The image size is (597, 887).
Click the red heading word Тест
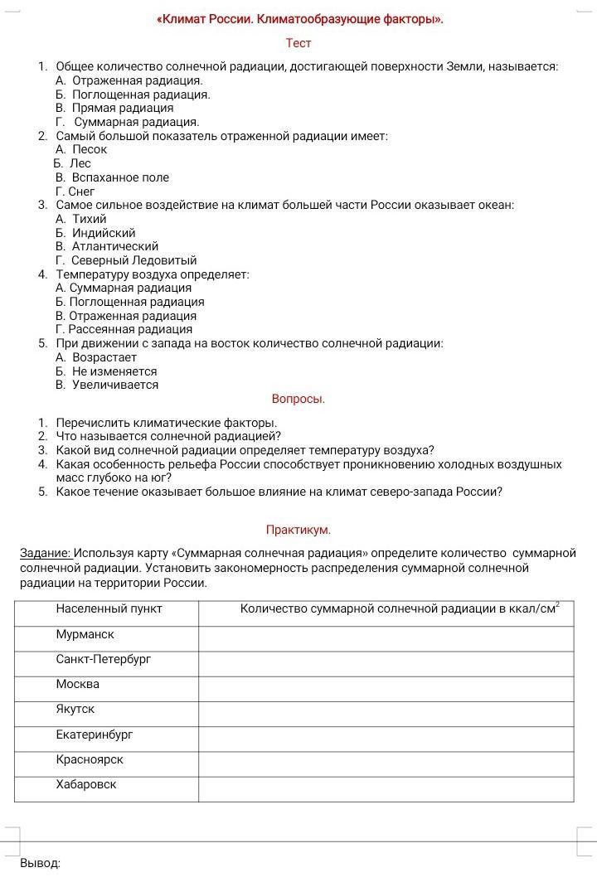pos(298,42)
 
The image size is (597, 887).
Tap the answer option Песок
pos(90,149)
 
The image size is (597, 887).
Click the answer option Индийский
pos(104,233)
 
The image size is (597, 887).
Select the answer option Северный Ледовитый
pos(133,260)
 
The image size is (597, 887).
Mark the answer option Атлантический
pos(114,246)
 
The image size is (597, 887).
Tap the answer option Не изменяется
pos(114,371)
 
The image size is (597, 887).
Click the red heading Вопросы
pos(298,399)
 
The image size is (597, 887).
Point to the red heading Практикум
pos(298,530)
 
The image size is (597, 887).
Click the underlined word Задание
pos(46,553)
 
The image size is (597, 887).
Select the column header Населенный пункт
pos(109,608)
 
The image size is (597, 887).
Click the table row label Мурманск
pos(85,634)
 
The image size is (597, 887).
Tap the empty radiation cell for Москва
pos(386,689)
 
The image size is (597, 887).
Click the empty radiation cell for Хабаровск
pos(386,789)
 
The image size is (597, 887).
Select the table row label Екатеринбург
pos(94,734)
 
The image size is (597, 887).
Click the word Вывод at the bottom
pos(40,863)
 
